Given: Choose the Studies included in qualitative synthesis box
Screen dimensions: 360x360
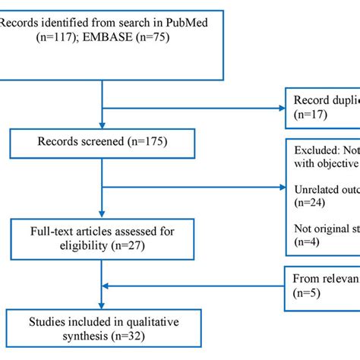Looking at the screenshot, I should (x=103, y=324).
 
